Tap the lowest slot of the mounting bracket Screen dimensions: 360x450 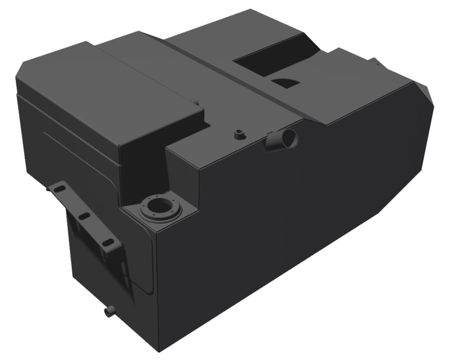coord(106,243)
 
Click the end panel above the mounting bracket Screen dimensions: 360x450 coord(67,135)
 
